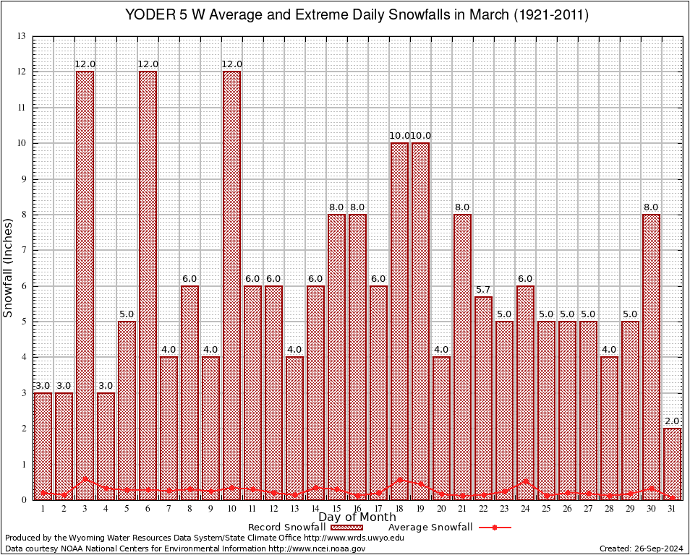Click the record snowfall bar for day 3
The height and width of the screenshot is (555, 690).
[x=85, y=285]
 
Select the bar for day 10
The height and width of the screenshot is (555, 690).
[x=231, y=285]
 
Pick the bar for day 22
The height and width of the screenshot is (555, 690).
[x=483, y=397]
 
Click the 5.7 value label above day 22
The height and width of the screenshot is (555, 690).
[x=483, y=290]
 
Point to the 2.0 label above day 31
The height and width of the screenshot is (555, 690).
[x=672, y=421]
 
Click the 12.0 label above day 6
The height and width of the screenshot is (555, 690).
[x=148, y=64]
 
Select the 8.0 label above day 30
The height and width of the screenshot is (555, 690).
[x=651, y=207]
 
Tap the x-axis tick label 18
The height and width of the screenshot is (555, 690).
[x=399, y=509]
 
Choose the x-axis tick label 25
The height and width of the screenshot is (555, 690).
[x=546, y=509]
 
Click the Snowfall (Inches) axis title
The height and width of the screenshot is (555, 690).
[x=9, y=267]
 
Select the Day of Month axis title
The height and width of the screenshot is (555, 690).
[x=357, y=517]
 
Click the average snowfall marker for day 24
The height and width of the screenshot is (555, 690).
[x=525, y=481]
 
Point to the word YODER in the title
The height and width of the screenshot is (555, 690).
[x=149, y=14]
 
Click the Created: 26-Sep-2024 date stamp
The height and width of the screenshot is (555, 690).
[x=641, y=549]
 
